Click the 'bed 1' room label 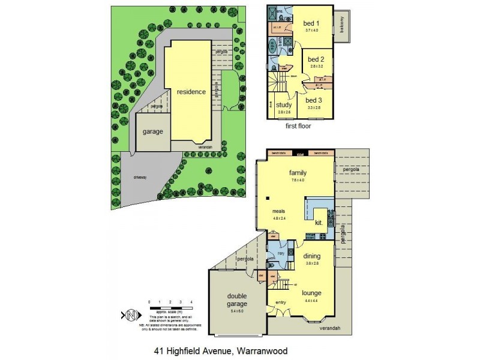point(311,23)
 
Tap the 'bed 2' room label point(316,59)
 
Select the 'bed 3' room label point(314,100)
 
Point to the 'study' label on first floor point(284,105)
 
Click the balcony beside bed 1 point(343,26)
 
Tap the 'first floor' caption point(298,127)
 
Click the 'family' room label point(298,172)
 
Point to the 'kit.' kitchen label point(319,223)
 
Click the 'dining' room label point(313,255)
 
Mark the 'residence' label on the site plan point(191,92)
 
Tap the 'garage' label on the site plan point(153,131)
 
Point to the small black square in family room point(269,199)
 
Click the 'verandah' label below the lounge point(329,328)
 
